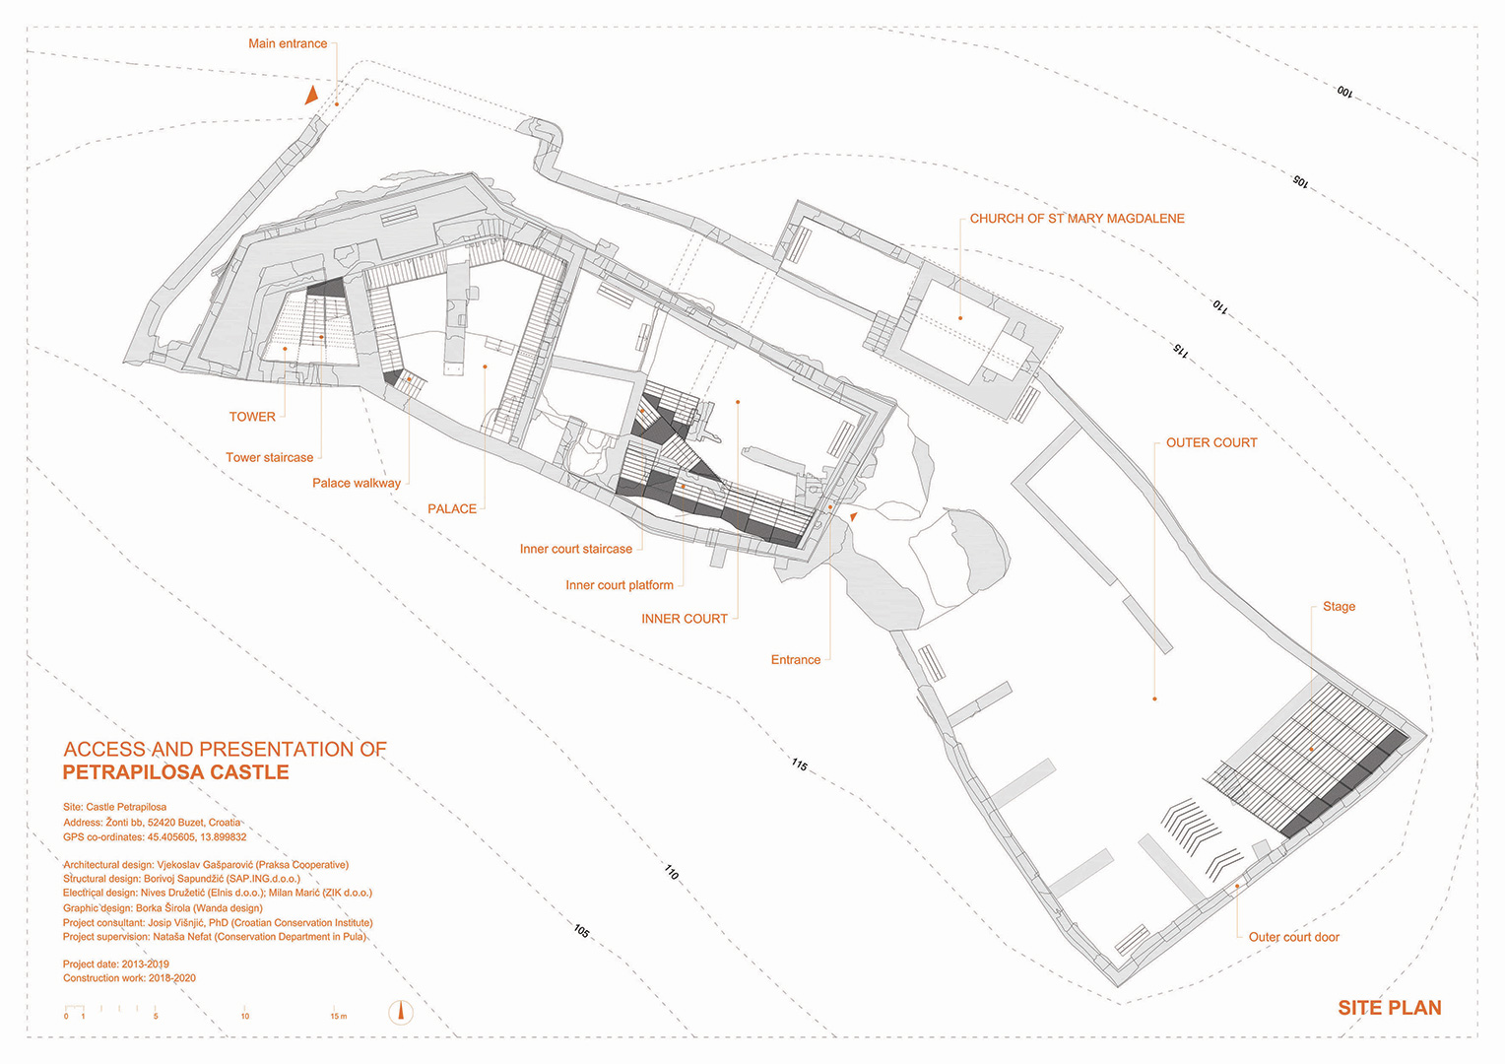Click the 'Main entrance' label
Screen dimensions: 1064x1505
click(x=288, y=43)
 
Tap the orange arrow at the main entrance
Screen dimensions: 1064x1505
click(x=311, y=96)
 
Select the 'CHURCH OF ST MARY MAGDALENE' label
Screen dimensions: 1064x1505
click(x=1077, y=219)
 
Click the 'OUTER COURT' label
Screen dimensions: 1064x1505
click(x=1211, y=443)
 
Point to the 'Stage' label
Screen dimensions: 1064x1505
click(x=1339, y=607)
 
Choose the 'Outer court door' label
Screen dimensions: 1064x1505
click(x=1293, y=937)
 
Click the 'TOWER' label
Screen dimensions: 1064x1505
click(x=252, y=417)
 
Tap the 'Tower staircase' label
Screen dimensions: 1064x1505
click(x=269, y=457)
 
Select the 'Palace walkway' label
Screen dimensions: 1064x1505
click(x=357, y=483)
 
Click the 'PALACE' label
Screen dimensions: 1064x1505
click(x=452, y=509)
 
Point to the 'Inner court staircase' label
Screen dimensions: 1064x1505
click(x=576, y=549)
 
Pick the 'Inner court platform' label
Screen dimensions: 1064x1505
click(x=620, y=585)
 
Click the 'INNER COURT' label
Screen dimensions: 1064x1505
click(x=685, y=619)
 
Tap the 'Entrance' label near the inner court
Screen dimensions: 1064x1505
click(x=796, y=660)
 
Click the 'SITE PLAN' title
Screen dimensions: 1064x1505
click(x=1389, y=1008)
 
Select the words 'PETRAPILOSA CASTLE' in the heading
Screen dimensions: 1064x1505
click(x=176, y=773)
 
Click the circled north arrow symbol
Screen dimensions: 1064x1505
click(x=401, y=1012)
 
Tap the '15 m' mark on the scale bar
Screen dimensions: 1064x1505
click(x=338, y=1016)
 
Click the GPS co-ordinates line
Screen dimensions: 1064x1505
click(x=155, y=836)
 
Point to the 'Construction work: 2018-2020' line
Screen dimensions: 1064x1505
click(x=129, y=978)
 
